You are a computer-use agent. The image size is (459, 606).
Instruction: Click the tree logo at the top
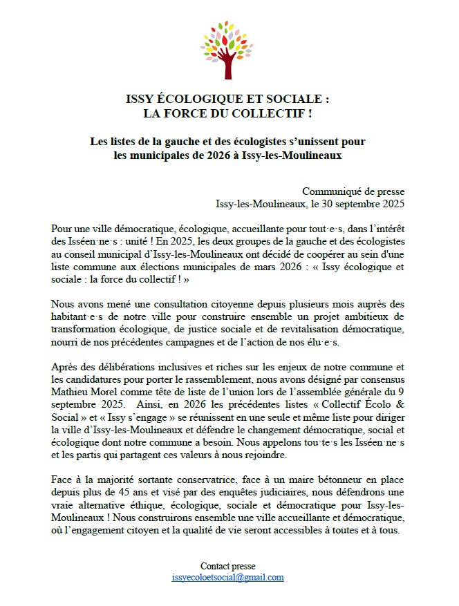click(x=227, y=49)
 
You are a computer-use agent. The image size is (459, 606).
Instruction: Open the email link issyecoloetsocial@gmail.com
click(x=227, y=578)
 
